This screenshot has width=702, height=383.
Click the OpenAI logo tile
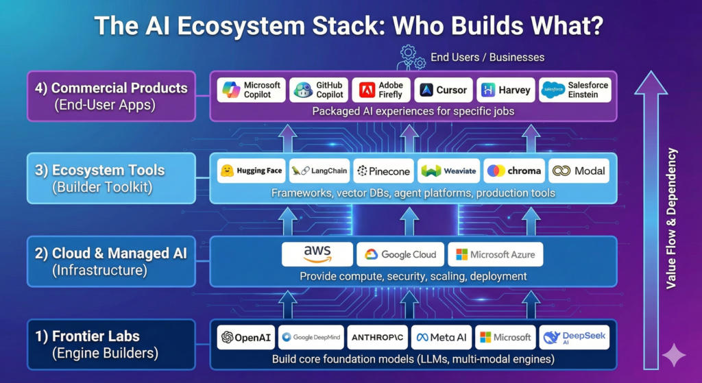pos(245,337)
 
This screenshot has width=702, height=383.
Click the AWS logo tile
pos(317,254)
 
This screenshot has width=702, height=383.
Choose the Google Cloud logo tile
pos(400,254)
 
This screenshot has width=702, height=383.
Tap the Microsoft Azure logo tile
pos(495,254)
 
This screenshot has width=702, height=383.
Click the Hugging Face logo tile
pos(251,171)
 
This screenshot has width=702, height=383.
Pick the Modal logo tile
pos(579,171)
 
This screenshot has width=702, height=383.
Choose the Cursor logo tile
pos(443,90)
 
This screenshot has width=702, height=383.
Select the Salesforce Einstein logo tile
pos(574,90)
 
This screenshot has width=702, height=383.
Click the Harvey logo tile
pos(505,90)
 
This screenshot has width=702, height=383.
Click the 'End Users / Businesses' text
pos(487,58)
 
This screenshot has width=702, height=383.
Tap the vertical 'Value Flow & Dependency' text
pos(673,219)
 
